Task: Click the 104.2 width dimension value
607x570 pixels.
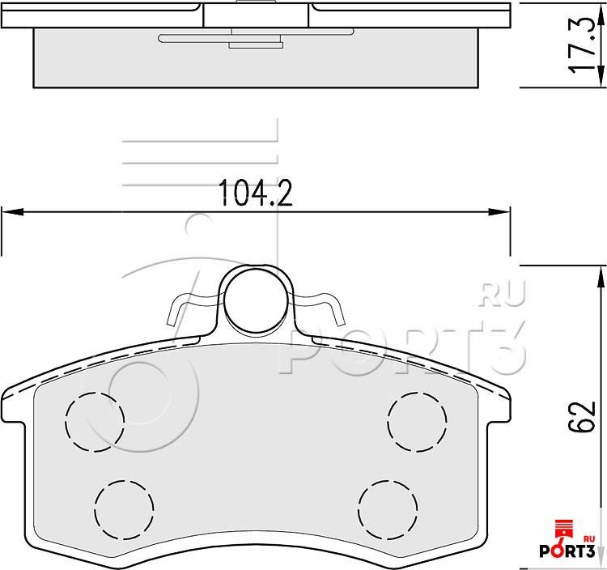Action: point(256,193)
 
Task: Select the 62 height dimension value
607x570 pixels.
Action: point(581,417)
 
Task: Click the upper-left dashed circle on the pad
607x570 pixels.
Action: point(95,422)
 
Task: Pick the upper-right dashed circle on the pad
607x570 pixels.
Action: point(417,422)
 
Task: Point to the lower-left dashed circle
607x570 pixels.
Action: point(124,510)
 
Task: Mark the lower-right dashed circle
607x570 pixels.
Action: point(388,510)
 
